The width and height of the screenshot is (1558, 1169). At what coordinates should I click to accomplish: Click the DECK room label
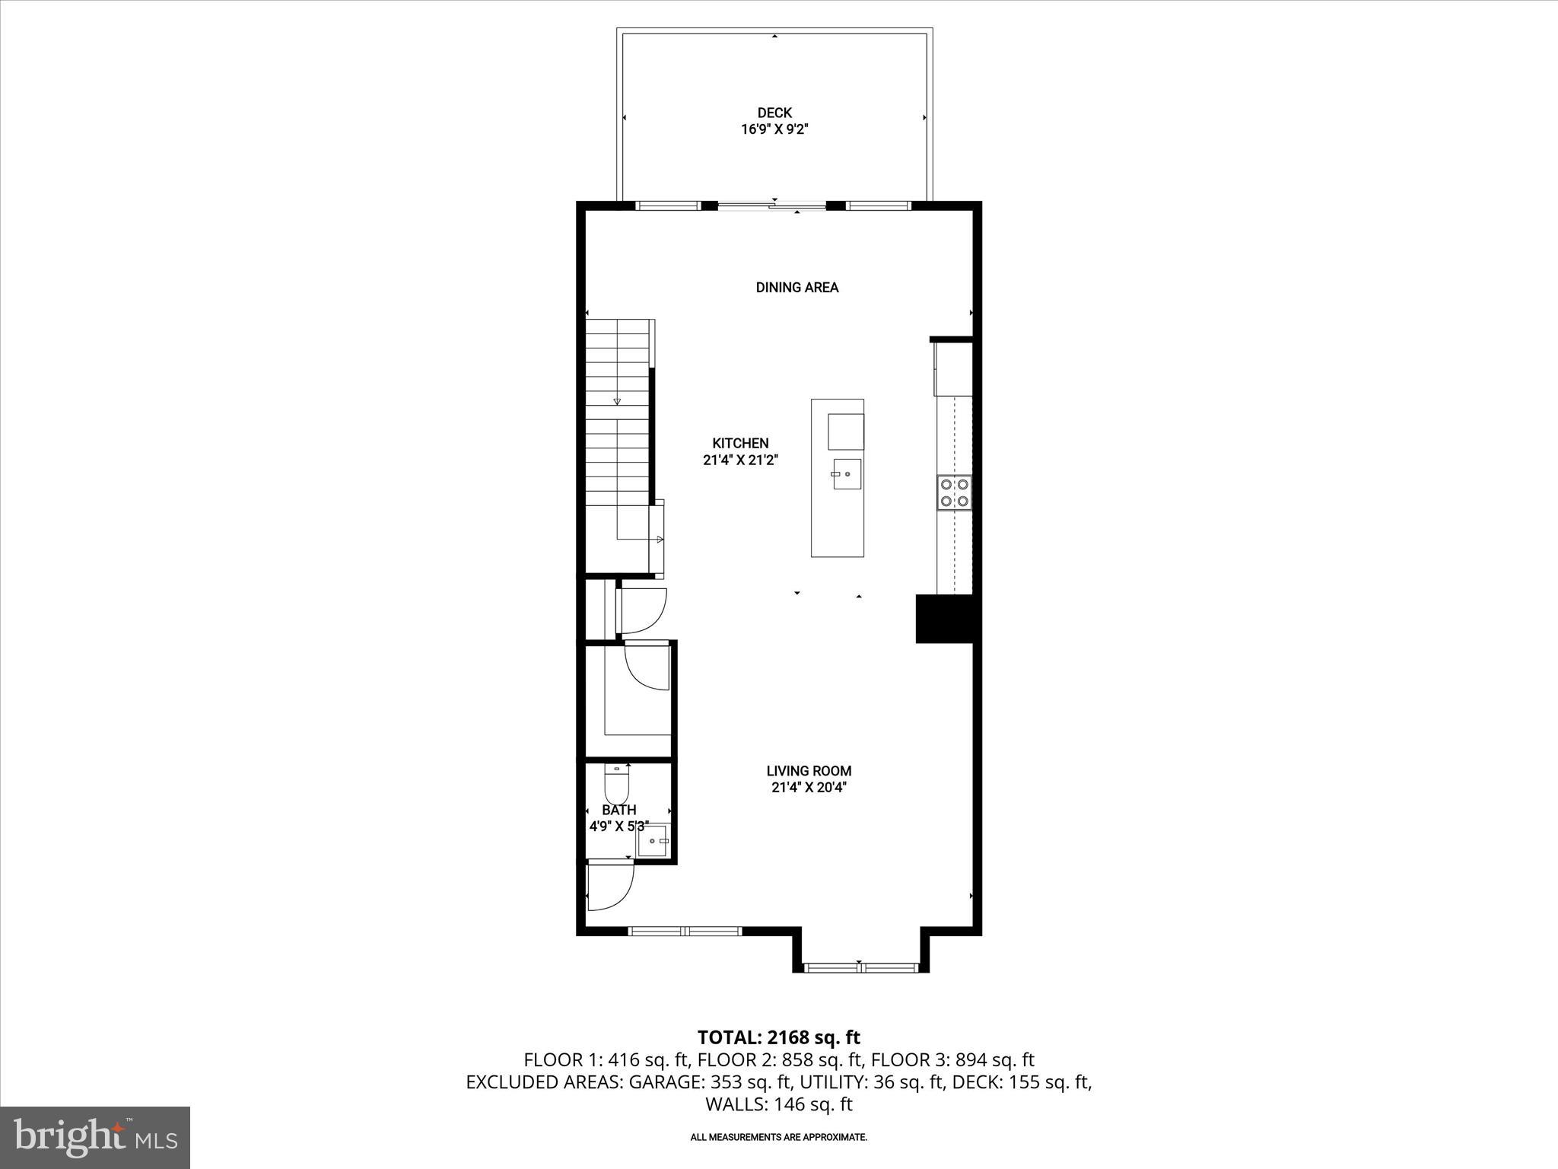[x=774, y=113]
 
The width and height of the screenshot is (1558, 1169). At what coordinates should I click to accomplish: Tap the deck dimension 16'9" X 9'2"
[x=774, y=130]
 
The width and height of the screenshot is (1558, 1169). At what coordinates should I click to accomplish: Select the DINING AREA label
[x=796, y=288]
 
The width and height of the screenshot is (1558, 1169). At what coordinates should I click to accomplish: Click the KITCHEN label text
[x=740, y=443]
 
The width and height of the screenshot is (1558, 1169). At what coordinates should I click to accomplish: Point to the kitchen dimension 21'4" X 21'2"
[x=740, y=460]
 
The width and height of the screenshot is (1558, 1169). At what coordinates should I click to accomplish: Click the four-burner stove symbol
[x=954, y=492]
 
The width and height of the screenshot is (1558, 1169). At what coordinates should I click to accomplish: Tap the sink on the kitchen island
[x=847, y=474]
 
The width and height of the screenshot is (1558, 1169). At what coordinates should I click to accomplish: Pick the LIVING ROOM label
[x=809, y=771]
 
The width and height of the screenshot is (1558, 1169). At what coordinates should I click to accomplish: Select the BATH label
[x=618, y=810]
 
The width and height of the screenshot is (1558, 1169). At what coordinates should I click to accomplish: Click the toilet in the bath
[x=617, y=784]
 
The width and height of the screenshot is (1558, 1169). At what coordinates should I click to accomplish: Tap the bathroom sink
[x=653, y=841]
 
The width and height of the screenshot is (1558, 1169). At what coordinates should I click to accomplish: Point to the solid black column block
[x=944, y=619]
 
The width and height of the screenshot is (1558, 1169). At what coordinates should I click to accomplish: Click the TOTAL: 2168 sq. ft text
[x=778, y=1037]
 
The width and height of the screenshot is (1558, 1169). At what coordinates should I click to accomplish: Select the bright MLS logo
[x=95, y=1138]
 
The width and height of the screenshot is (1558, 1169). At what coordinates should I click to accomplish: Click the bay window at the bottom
[x=860, y=967]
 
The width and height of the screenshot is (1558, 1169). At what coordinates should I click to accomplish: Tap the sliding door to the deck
[x=771, y=205]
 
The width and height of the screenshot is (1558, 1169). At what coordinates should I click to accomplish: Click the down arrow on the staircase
[x=617, y=401]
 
